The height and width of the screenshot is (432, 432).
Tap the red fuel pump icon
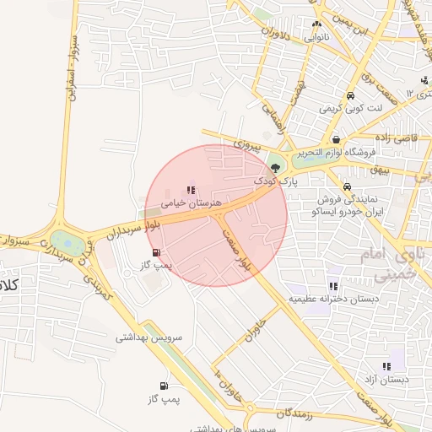click(x=155, y=252)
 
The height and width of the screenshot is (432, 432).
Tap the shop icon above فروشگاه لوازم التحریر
click(x=337, y=140)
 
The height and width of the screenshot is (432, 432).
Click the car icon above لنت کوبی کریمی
click(x=350, y=95)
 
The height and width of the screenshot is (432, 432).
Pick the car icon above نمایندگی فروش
click(x=347, y=186)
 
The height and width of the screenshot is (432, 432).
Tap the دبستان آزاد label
click(x=386, y=380)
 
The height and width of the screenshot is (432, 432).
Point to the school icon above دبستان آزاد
click(x=386, y=366)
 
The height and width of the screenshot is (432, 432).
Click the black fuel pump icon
click(x=163, y=384)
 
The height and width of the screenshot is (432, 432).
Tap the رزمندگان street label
click(x=294, y=413)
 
